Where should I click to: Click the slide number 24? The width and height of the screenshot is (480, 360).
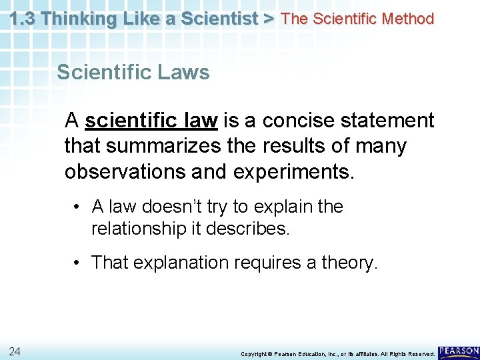click(x=15, y=351)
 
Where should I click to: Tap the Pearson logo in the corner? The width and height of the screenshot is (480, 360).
click(x=459, y=351)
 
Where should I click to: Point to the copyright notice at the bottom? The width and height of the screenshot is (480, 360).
click(x=338, y=353)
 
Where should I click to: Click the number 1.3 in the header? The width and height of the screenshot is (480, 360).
click(x=24, y=19)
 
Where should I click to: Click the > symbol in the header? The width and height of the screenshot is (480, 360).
click(x=268, y=19)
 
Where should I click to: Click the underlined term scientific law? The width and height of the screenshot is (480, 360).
click(x=151, y=121)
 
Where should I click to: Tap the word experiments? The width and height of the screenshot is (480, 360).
click(x=294, y=171)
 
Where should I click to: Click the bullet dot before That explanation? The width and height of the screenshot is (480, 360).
click(x=79, y=263)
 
